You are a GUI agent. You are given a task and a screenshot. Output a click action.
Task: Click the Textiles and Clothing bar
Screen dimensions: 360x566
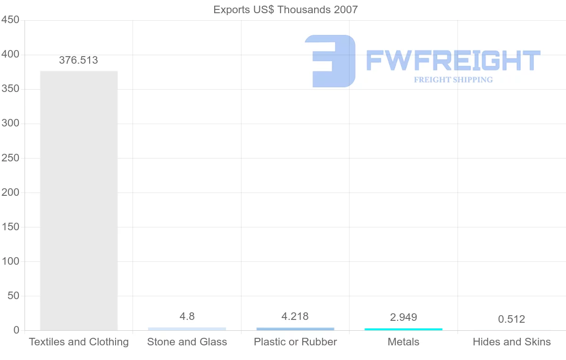coord(79,201)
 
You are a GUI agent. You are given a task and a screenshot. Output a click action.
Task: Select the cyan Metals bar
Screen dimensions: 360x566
coord(403,329)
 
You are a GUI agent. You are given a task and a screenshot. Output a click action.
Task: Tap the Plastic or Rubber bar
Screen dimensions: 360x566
coord(295,328)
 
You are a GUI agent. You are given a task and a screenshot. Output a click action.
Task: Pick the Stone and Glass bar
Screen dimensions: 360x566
coord(187,328)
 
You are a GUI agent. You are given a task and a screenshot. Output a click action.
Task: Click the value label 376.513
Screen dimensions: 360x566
coord(78,60)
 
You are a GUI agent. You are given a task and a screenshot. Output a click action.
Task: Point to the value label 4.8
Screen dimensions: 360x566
coord(187,317)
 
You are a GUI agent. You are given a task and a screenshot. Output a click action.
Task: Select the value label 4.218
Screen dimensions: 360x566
coord(295,317)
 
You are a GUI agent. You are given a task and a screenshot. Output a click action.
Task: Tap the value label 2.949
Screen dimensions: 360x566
coord(403,318)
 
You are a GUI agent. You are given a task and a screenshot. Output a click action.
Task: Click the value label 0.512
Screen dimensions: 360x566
coord(511,319)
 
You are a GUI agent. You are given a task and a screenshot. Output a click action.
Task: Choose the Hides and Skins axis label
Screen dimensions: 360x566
coord(511,342)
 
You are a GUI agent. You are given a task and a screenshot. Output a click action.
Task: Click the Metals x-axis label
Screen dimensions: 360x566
coord(403,342)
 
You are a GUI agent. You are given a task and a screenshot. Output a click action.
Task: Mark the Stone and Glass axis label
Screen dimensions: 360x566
coord(187,342)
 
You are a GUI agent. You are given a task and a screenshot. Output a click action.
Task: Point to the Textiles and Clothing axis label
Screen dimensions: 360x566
coord(79,342)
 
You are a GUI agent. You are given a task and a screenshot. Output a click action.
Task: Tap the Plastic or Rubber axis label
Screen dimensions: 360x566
coord(295,342)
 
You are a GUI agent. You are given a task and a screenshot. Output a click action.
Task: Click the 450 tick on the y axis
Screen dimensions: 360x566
coord(10,20)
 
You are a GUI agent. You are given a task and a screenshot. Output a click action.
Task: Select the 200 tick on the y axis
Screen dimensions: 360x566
coord(10,193)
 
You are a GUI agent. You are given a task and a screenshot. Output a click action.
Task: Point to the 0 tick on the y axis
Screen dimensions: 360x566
coord(17,330)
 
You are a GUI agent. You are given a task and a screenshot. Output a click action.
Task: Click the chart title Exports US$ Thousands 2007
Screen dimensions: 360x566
coord(285,9)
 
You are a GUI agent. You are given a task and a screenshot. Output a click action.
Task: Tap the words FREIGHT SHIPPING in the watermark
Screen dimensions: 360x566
coord(453,80)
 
